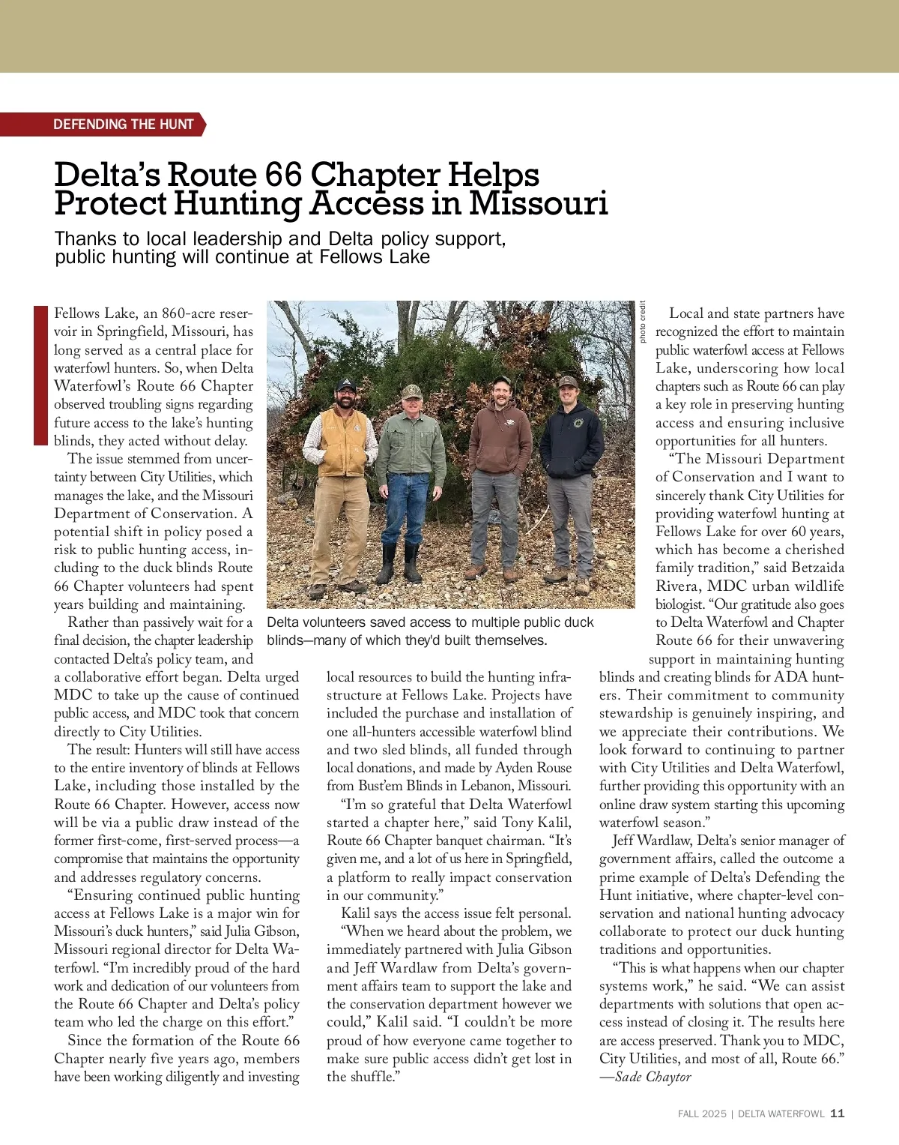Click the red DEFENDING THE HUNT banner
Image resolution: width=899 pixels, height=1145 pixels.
124,124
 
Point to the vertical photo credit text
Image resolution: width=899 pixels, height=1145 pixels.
642,322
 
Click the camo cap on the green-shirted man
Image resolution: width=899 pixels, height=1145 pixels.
411,391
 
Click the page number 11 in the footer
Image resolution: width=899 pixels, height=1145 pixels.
838,1114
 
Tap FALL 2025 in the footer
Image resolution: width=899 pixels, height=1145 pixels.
701,1114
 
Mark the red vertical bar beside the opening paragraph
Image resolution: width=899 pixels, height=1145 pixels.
40,375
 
